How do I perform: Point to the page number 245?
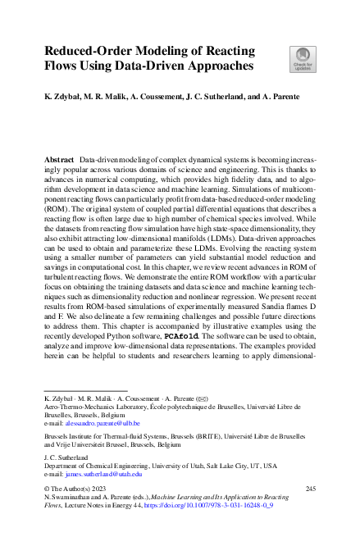pyautogui.click(x=309, y=489)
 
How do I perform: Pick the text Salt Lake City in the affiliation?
pyautogui.click(x=221, y=464)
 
